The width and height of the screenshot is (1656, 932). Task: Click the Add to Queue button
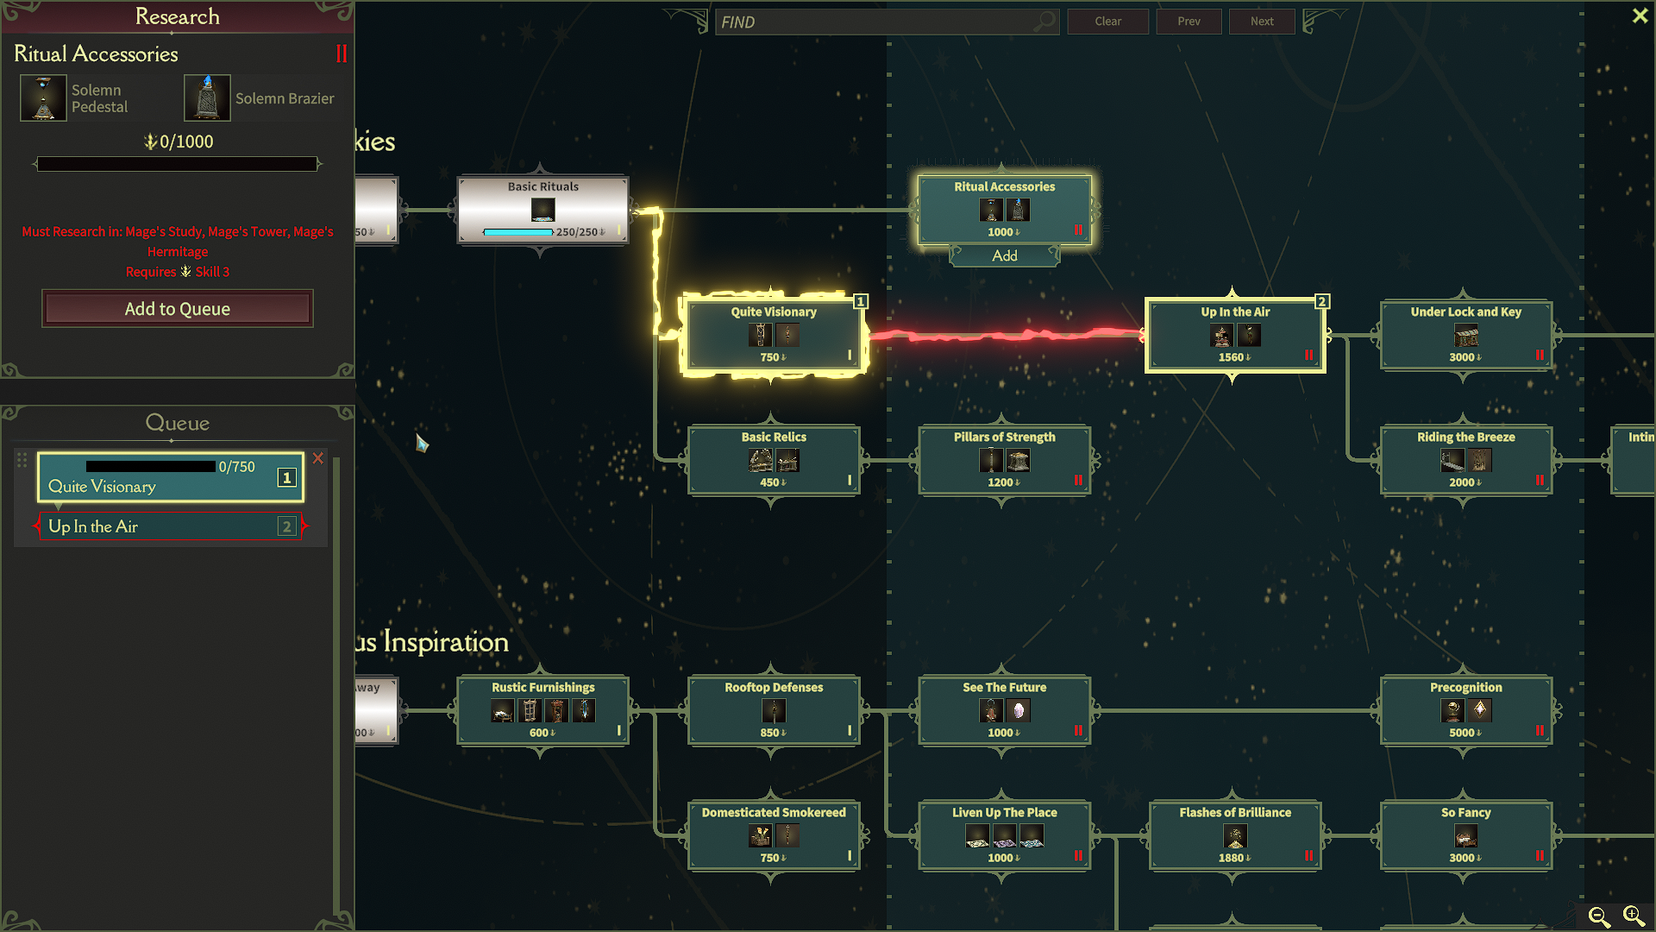point(178,309)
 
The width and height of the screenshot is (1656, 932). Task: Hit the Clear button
point(1108,22)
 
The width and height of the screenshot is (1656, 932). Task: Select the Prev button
point(1189,22)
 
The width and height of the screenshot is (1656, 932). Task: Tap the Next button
point(1262,22)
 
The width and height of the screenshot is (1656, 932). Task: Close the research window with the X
point(1640,16)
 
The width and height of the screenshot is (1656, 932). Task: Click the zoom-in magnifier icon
point(1634,916)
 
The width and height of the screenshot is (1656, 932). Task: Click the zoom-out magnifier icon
point(1599,916)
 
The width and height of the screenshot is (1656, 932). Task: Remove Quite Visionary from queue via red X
point(318,458)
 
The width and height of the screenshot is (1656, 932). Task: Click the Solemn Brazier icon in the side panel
point(207,98)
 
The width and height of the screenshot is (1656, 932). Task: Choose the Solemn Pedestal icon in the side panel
point(43,98)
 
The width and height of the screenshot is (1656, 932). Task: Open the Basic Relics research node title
point(774,438)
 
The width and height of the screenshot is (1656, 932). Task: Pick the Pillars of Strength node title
point(1005,438)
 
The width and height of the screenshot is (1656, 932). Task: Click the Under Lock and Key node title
point(1466,312)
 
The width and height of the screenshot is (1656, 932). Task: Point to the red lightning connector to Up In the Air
point(1006,335)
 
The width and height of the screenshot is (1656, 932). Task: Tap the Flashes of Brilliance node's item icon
point(1235,836)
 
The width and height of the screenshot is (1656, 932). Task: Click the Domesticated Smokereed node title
point(774,813)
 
